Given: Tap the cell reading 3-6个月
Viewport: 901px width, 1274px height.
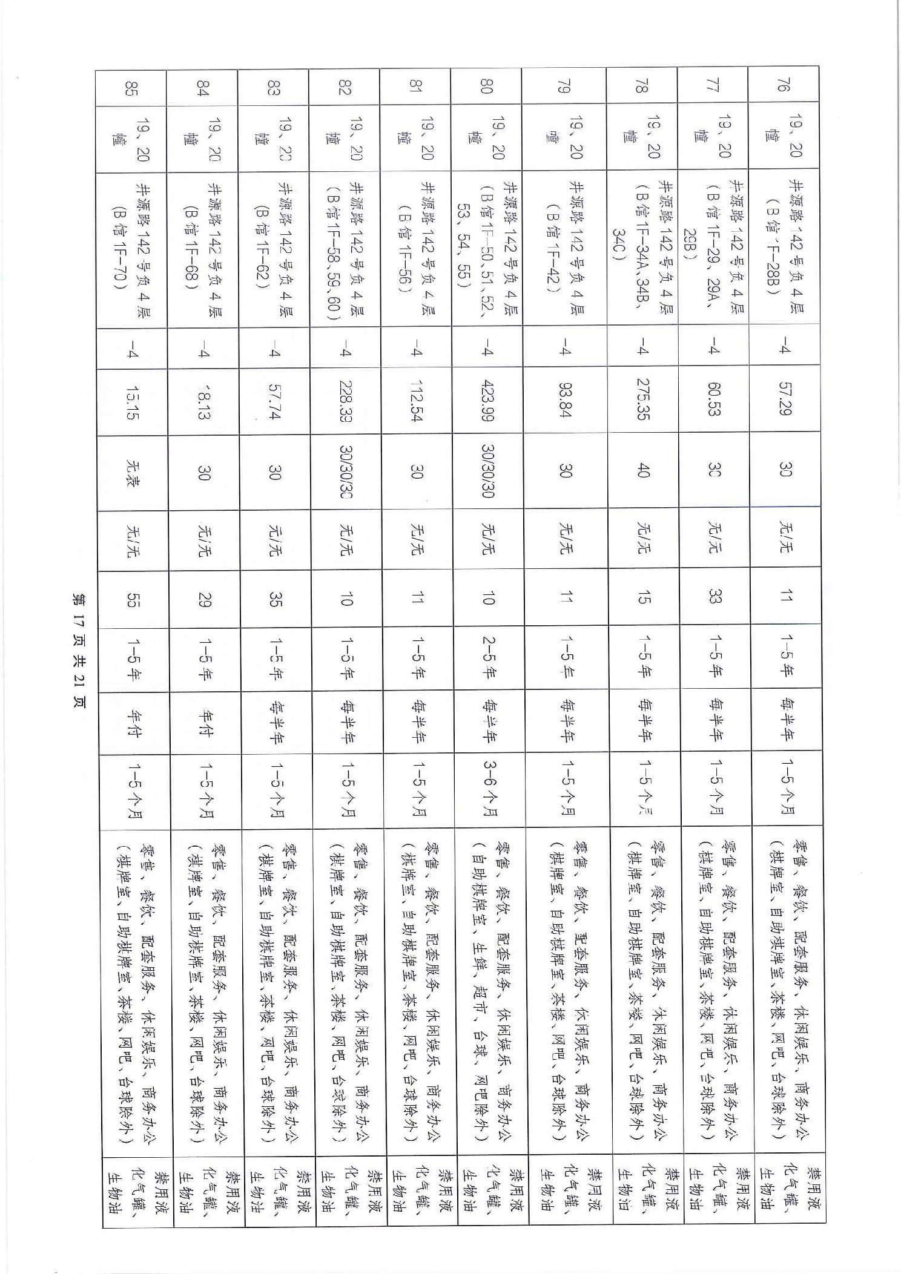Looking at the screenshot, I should (x=488, y=789).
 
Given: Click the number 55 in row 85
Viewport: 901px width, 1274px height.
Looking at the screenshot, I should (x=131, y=599).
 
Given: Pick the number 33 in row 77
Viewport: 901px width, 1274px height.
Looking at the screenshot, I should (x=713, y=599).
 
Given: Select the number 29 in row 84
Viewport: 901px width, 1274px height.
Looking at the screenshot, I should (x=203, y=599).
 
